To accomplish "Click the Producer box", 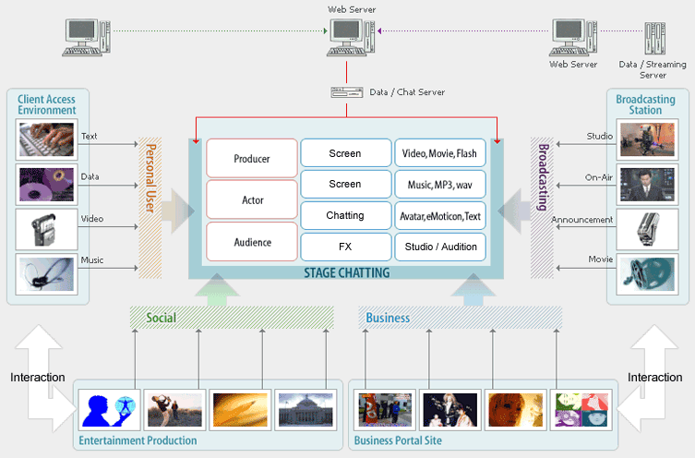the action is point(252,158).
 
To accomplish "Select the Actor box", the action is point(252,199).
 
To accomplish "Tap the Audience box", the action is point(252,242).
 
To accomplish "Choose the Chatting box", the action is point(346,215).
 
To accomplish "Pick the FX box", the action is point(346,247).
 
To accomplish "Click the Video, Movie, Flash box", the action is point(439,153).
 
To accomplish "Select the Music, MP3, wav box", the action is point(439,184).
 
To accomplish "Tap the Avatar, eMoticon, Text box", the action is point(439,215).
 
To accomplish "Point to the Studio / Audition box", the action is point(439,247).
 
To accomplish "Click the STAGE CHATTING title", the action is point(347,272).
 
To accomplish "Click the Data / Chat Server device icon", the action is point(347,92).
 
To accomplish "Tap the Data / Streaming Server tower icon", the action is point(654,39).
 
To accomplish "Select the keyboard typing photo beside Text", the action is point(46,139).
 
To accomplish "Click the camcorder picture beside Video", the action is point(46,230).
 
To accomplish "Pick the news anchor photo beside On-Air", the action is point(647,185).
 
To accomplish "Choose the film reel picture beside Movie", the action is point(647,274).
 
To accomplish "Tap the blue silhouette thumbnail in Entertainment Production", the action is point(110,410).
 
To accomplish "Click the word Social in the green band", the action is point(162,318).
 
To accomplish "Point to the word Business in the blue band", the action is point(388,318).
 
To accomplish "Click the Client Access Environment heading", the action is point(46,104).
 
